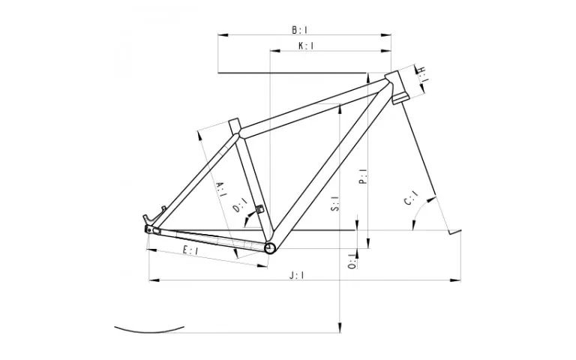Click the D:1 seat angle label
[x=240, y=205]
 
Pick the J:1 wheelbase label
[x=297, y=275]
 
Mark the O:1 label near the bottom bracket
[x=351, y=262]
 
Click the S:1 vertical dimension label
[x=335, y=202]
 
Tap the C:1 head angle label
[x=411, y=200]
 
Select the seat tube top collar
[x=233, y=124]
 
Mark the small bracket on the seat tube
[x=260, y=209]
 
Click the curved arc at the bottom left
[x=150, y=328]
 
